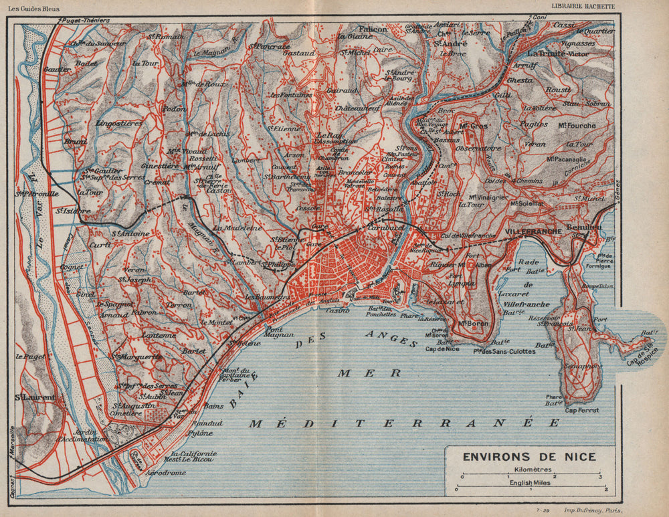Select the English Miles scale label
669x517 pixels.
click(529, 482)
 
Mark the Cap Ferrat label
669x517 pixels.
click(579, 411)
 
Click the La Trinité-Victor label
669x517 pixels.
click(559, 53)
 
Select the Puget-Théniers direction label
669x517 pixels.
click(86, 21)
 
